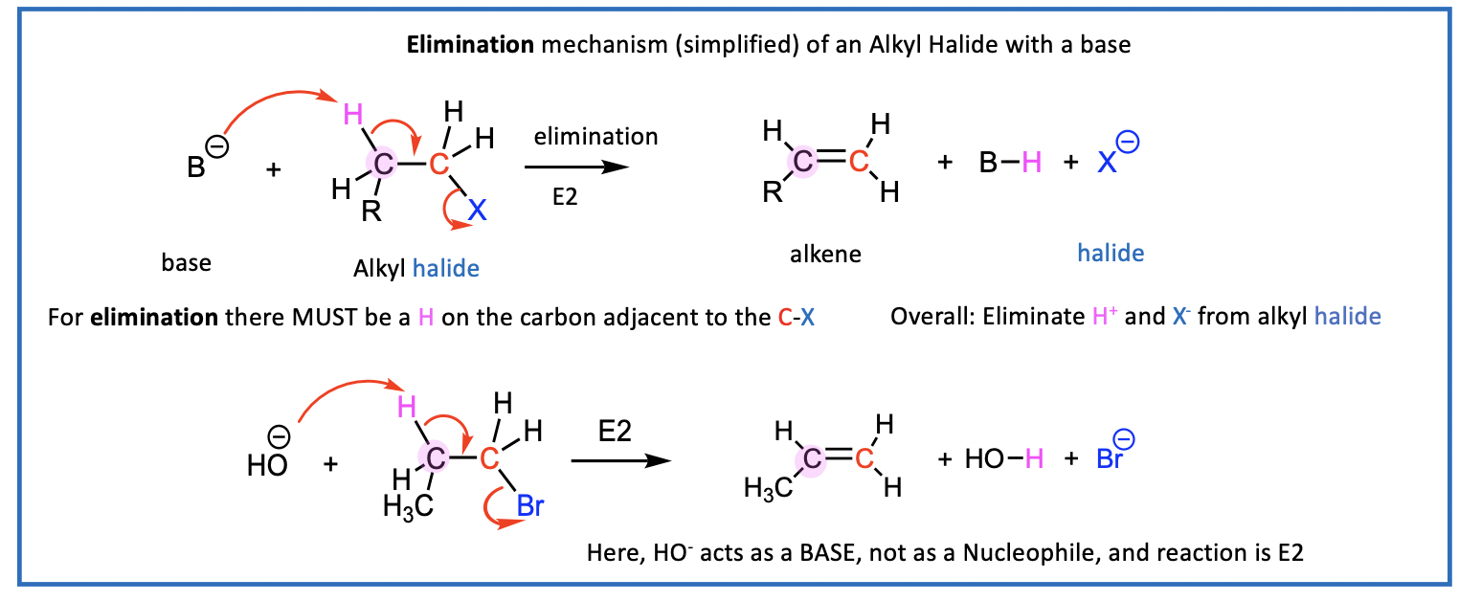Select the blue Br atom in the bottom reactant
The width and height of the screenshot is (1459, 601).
pyautogui.click(x=529, y=505)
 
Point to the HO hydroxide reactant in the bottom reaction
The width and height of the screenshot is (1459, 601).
pyautogui.click(x=267, y=465)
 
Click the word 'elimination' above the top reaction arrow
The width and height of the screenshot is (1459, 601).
pyautogui.click(x=596, y=137)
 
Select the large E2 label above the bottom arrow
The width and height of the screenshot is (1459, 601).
pyautogui.click(x=616, y=431)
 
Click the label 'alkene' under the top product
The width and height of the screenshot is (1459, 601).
pyautogui.click(x=825, y=254)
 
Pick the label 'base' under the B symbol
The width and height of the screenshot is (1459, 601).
pyautogui.click(x=186, y=262)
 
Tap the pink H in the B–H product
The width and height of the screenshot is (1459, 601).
pyautogui.click(x=1030, y=164)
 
